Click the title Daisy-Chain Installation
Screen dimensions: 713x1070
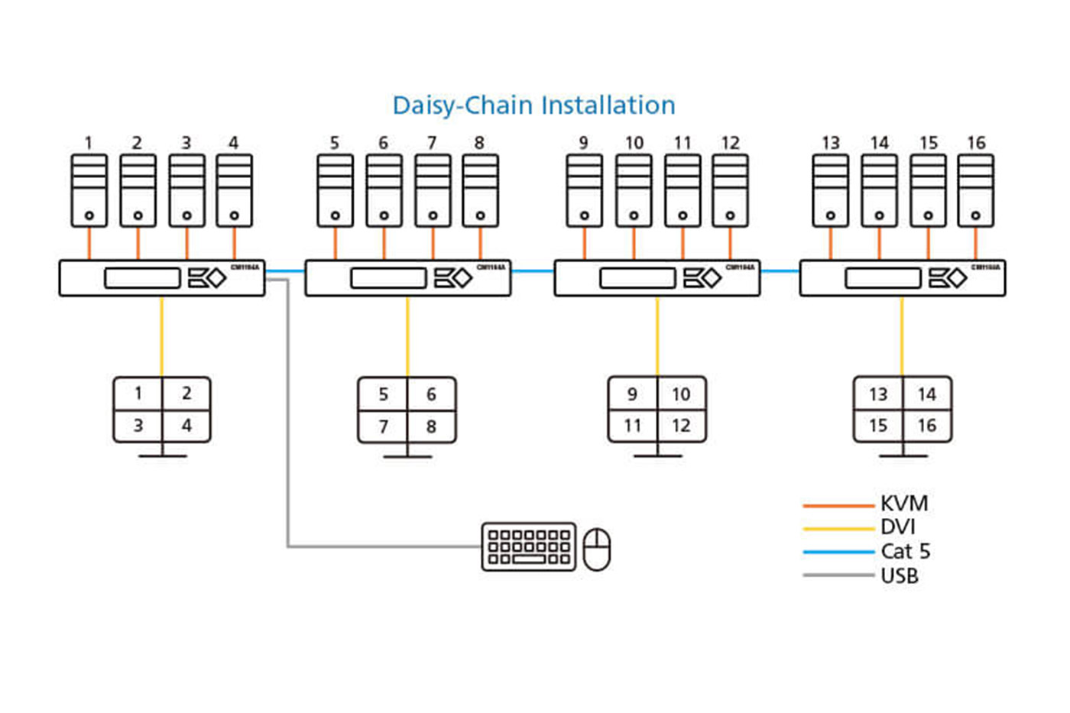pyautogui.click(x=533, y=105)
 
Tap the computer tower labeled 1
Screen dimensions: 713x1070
pyautogui.click(x=89, y=191)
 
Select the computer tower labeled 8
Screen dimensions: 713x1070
pyautogui.click(x=480, y=191)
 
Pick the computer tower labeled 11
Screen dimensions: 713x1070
pyautogui.click(x=683, y=191)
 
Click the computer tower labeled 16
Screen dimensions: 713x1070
pyautogui.click(x=976, y=191)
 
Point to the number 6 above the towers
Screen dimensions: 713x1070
pyautogui.click(x=383, y=143)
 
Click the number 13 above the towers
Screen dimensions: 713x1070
pyautogui.click(x=831, y=143)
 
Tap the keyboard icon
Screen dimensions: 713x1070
pyautogui.click(x=529, y=546)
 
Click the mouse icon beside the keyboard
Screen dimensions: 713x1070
pyautogui.click(x=597, y=549)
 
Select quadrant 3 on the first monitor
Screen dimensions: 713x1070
pyautogui.click(x=138, y=426)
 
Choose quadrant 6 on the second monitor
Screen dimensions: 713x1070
pyautogui.click(x=431, y=394)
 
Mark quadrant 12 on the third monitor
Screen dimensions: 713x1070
pyautogui.click(x=681, y=426)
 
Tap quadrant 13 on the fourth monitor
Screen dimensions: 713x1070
pyautogui.click(x=878, y=394)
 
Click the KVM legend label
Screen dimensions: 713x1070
pyautogui.click(x=904, y=504)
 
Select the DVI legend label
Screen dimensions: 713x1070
pyautogui.click(x=898, y=527)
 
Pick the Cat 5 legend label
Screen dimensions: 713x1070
pyautogui.click(x=906, y=551)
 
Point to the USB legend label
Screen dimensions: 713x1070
pyautogui.click(x=900, y=575)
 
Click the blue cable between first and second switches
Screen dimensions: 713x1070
pyautogui.click(x=285, y=271)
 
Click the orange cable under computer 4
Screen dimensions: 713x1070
pyautogui.click(x=234, y=244)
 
